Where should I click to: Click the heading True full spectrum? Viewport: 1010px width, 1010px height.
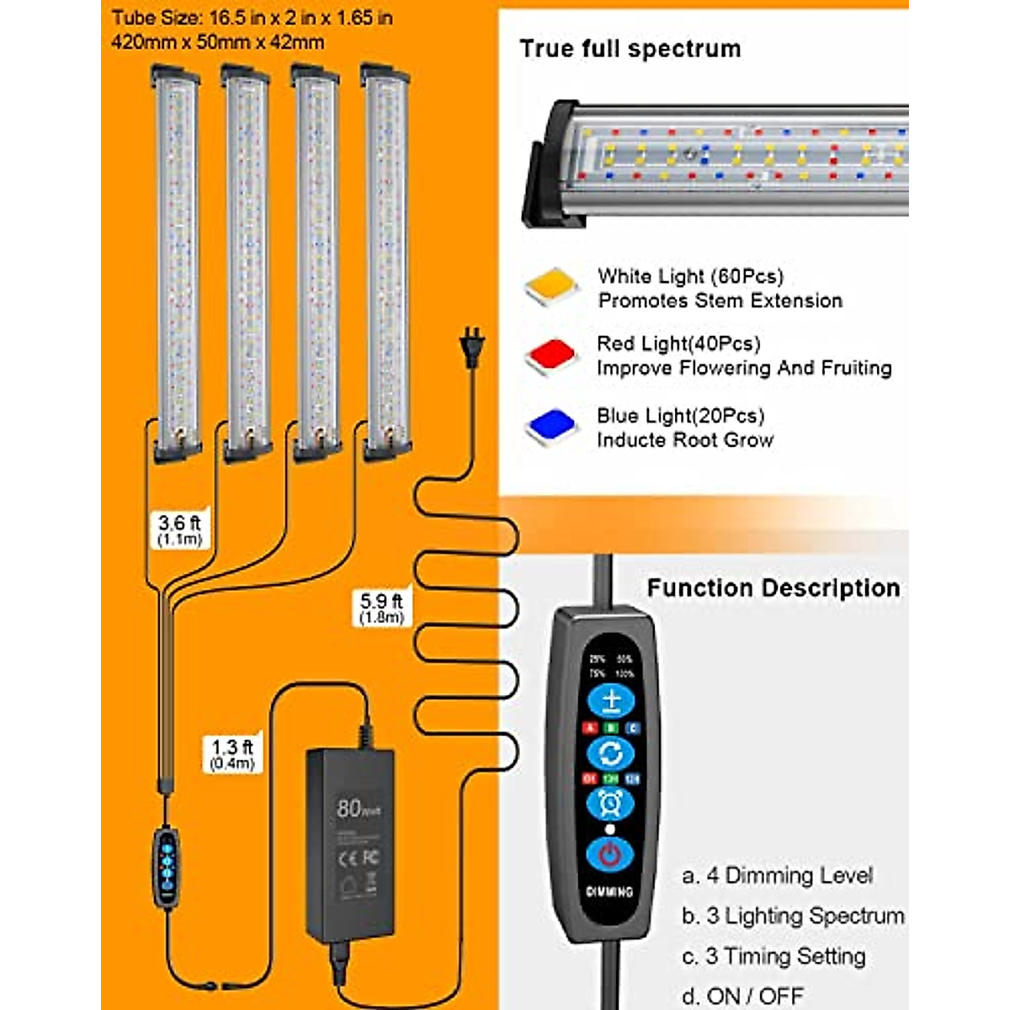click(x=630, y=49)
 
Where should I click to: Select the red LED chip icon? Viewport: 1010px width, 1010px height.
click(x=551, y=355)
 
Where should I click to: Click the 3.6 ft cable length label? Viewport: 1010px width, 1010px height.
click(x=179, y=529)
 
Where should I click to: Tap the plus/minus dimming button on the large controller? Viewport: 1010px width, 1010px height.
click(x=610, y=700)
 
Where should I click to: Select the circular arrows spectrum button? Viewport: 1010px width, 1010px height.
click(x=610, y=752)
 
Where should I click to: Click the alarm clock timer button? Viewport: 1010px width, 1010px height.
click(x=610, y=803)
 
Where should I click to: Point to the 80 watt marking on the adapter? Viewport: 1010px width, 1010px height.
click(x=357, y=809)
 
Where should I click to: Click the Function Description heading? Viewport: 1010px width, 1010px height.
click(x=773, y=587)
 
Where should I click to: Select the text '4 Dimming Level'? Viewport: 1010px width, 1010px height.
click(x=789, y=875)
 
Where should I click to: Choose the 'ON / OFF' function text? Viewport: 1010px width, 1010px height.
click(x=754, y=996)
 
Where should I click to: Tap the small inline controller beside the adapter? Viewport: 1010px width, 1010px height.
click(x=166, y=867)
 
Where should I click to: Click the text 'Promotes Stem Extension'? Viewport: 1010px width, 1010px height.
click(x=720, y=300)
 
